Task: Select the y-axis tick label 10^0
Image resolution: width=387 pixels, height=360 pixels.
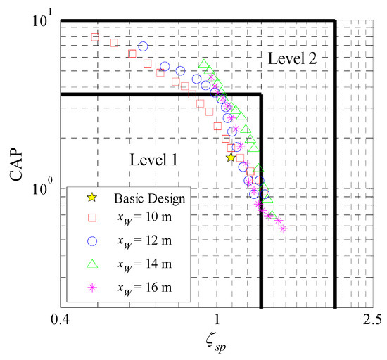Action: pyautogui.click(x=44, y=190)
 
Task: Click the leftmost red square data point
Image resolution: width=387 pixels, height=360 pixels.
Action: pyautogui.click(x=95, y=38)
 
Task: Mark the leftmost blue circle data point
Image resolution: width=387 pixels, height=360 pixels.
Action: pyautogui.click(x=143, y=46)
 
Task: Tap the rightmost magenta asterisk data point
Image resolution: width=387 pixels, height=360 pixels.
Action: pyautogui.click(x=284, y=229)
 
